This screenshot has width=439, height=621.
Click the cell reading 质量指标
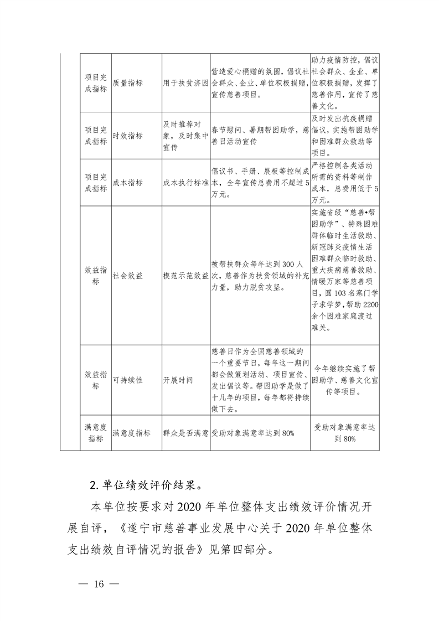coord(127,82)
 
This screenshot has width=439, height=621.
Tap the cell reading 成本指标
coord(127,183)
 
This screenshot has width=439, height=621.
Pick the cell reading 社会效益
coord(127,275)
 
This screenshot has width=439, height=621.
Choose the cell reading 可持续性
coord(127,381)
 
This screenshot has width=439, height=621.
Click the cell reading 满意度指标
coord(131,433)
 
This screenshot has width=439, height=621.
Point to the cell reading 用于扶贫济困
coord(185,82)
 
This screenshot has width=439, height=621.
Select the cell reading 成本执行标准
coord(185,183)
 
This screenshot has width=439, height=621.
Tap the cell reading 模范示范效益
coord(185,275)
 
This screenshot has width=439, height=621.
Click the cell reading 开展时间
coord(178,381)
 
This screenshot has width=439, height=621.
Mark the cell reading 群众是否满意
coord(185,433)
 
